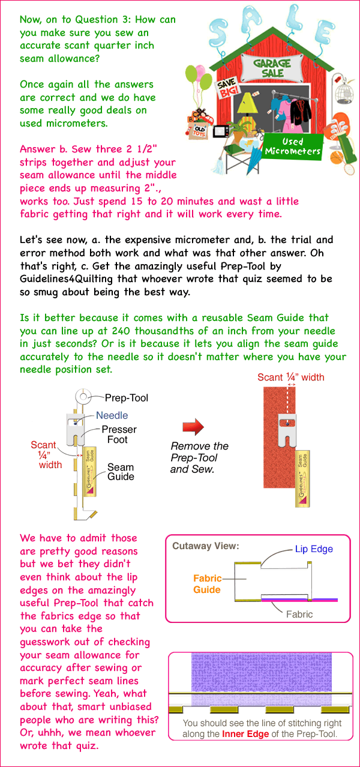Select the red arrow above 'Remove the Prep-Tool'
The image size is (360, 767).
[x=193, y=427]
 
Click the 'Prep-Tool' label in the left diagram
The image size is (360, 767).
[x=127, y=397]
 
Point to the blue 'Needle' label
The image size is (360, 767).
[x=113, y=415]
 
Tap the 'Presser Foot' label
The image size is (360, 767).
[x=119, y=435]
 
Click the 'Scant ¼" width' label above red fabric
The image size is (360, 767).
[x=290, y=377]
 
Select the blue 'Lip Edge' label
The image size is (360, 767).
[x=313, y=549]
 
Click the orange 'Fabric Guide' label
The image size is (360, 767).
[x=207, y=584]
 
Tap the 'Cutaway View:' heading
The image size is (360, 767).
[x=197, y=546]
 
